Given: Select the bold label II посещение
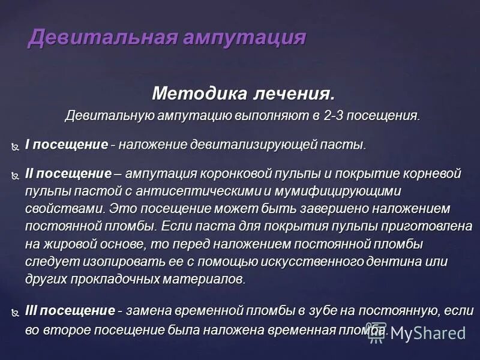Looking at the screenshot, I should point(68,174).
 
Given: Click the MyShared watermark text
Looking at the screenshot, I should point(427,333).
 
